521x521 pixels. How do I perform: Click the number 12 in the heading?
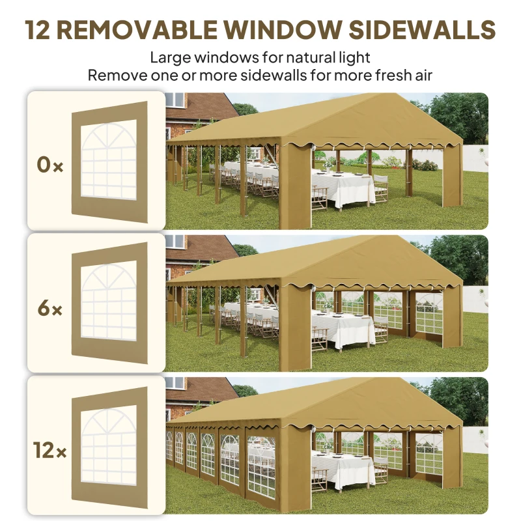point(41,29)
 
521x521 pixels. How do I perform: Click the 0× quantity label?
point(49,165)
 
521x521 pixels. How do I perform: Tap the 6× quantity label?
point(49,308)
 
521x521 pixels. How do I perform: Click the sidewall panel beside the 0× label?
point(109,161)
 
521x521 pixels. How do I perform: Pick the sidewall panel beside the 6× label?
point(109,303)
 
